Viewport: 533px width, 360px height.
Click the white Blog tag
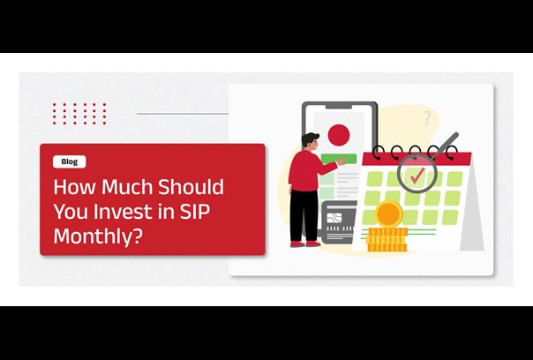(70, 161)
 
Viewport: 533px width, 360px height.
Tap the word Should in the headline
(191, 187)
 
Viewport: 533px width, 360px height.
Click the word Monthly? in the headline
(97, 237)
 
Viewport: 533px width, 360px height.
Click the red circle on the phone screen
(339, 135)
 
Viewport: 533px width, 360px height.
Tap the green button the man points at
(339, 159)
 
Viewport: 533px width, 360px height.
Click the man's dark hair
(310, 139)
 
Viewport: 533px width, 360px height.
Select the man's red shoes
(305, 244)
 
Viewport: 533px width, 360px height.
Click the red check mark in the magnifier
(417, 175)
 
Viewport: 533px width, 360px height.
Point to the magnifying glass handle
(447, 145)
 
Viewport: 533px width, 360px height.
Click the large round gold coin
(389, 214)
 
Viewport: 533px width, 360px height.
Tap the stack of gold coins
(387, 240)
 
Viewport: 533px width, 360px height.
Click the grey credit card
(339, 221)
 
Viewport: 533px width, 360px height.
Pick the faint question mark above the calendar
(427, 118)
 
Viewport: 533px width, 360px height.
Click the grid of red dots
(79, 114)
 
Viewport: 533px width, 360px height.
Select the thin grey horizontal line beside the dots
(183, 114)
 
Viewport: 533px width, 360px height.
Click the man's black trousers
(304, 215)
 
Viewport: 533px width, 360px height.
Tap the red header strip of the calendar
(417, 159)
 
